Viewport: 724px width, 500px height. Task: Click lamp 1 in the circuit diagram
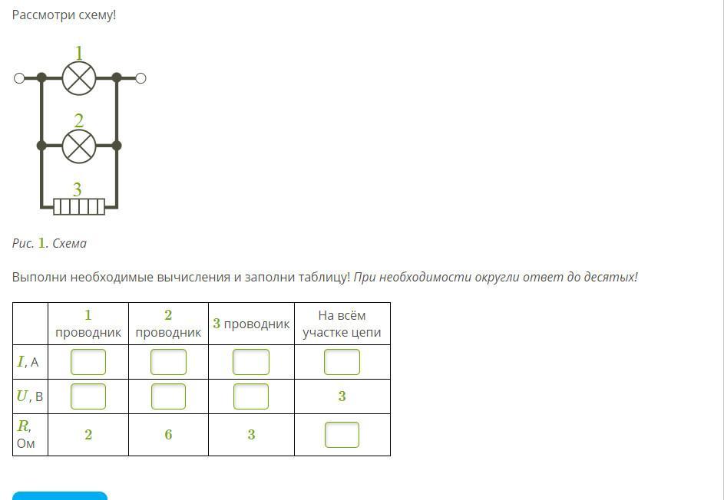(79, 78)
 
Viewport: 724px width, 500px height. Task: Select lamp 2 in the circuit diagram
(79, 146)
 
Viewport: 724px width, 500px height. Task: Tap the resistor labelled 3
(79, 206)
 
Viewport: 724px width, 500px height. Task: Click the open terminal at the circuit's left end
(19, 78)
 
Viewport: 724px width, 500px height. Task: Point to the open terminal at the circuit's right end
(141, 78)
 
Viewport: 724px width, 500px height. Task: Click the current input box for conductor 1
(88, 362)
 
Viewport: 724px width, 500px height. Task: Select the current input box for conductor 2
(169, 362)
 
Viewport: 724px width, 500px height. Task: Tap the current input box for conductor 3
(251, 362)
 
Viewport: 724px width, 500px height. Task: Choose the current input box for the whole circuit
(342, 362)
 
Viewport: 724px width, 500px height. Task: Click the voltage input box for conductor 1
(88, 396)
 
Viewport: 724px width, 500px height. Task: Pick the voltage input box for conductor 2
(169, 396)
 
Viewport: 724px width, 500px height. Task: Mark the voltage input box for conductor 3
(251, 396)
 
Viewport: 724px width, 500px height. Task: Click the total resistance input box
(342, 435)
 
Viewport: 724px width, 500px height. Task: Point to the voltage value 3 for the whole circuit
(342, 396)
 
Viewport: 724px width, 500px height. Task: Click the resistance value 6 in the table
(169, 435)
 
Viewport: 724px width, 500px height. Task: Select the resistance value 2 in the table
(88, 435)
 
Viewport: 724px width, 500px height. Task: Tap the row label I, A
(28, 362)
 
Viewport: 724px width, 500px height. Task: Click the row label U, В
(29, 396)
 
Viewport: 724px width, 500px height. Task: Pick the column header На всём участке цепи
(342, 324)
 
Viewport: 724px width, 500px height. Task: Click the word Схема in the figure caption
(69, 243)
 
